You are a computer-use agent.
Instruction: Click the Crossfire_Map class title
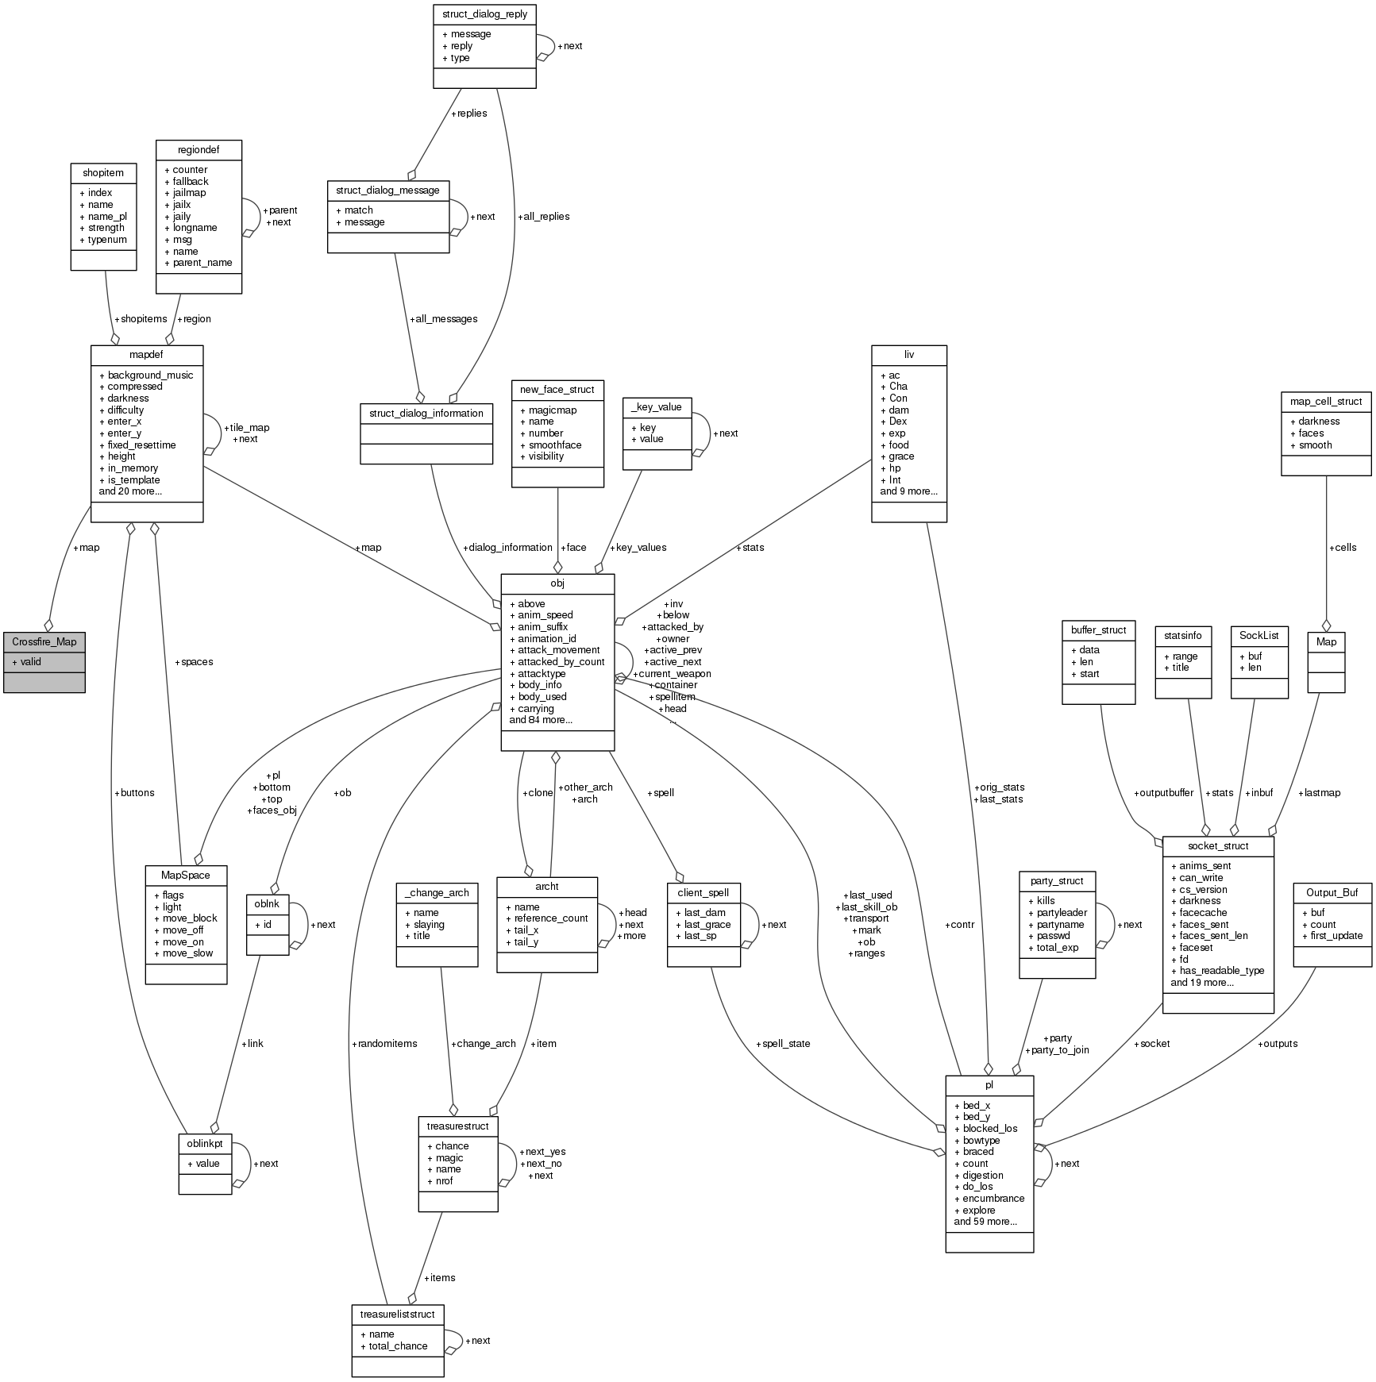[x=44, y=641]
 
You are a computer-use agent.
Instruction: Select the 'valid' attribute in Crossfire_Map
[x=31, y=661]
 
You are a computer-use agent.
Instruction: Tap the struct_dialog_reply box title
[x=484, y=14]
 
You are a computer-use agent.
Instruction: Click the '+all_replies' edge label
[x=543, y=216]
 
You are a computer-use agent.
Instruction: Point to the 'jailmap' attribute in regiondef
[x=190, y=193]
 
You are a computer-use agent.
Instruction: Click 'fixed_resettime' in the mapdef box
[x=141, y=445]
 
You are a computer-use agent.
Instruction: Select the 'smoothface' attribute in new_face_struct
[x=555, y=445]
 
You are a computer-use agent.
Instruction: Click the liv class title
[x=908, y=354]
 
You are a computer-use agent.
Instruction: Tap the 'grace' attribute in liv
[x=901, y=456]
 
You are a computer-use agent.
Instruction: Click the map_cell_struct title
[x=1325, y=401]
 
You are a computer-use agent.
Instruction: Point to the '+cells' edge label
[x=1342, y=547]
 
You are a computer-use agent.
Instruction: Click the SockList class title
[x=1258, y=635]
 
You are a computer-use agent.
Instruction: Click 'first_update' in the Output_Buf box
[x=1336, y=935]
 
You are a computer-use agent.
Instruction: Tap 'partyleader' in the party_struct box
[x=1062, y=912]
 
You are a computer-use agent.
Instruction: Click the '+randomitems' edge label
[x=384, y=1043]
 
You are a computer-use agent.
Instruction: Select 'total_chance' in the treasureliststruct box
[x=398, y=1345]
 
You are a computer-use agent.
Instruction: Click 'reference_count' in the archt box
[x=551, y=918]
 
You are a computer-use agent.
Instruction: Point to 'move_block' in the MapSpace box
[x=190, y=918]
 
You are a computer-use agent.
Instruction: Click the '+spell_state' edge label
[x=783, y=1043]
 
